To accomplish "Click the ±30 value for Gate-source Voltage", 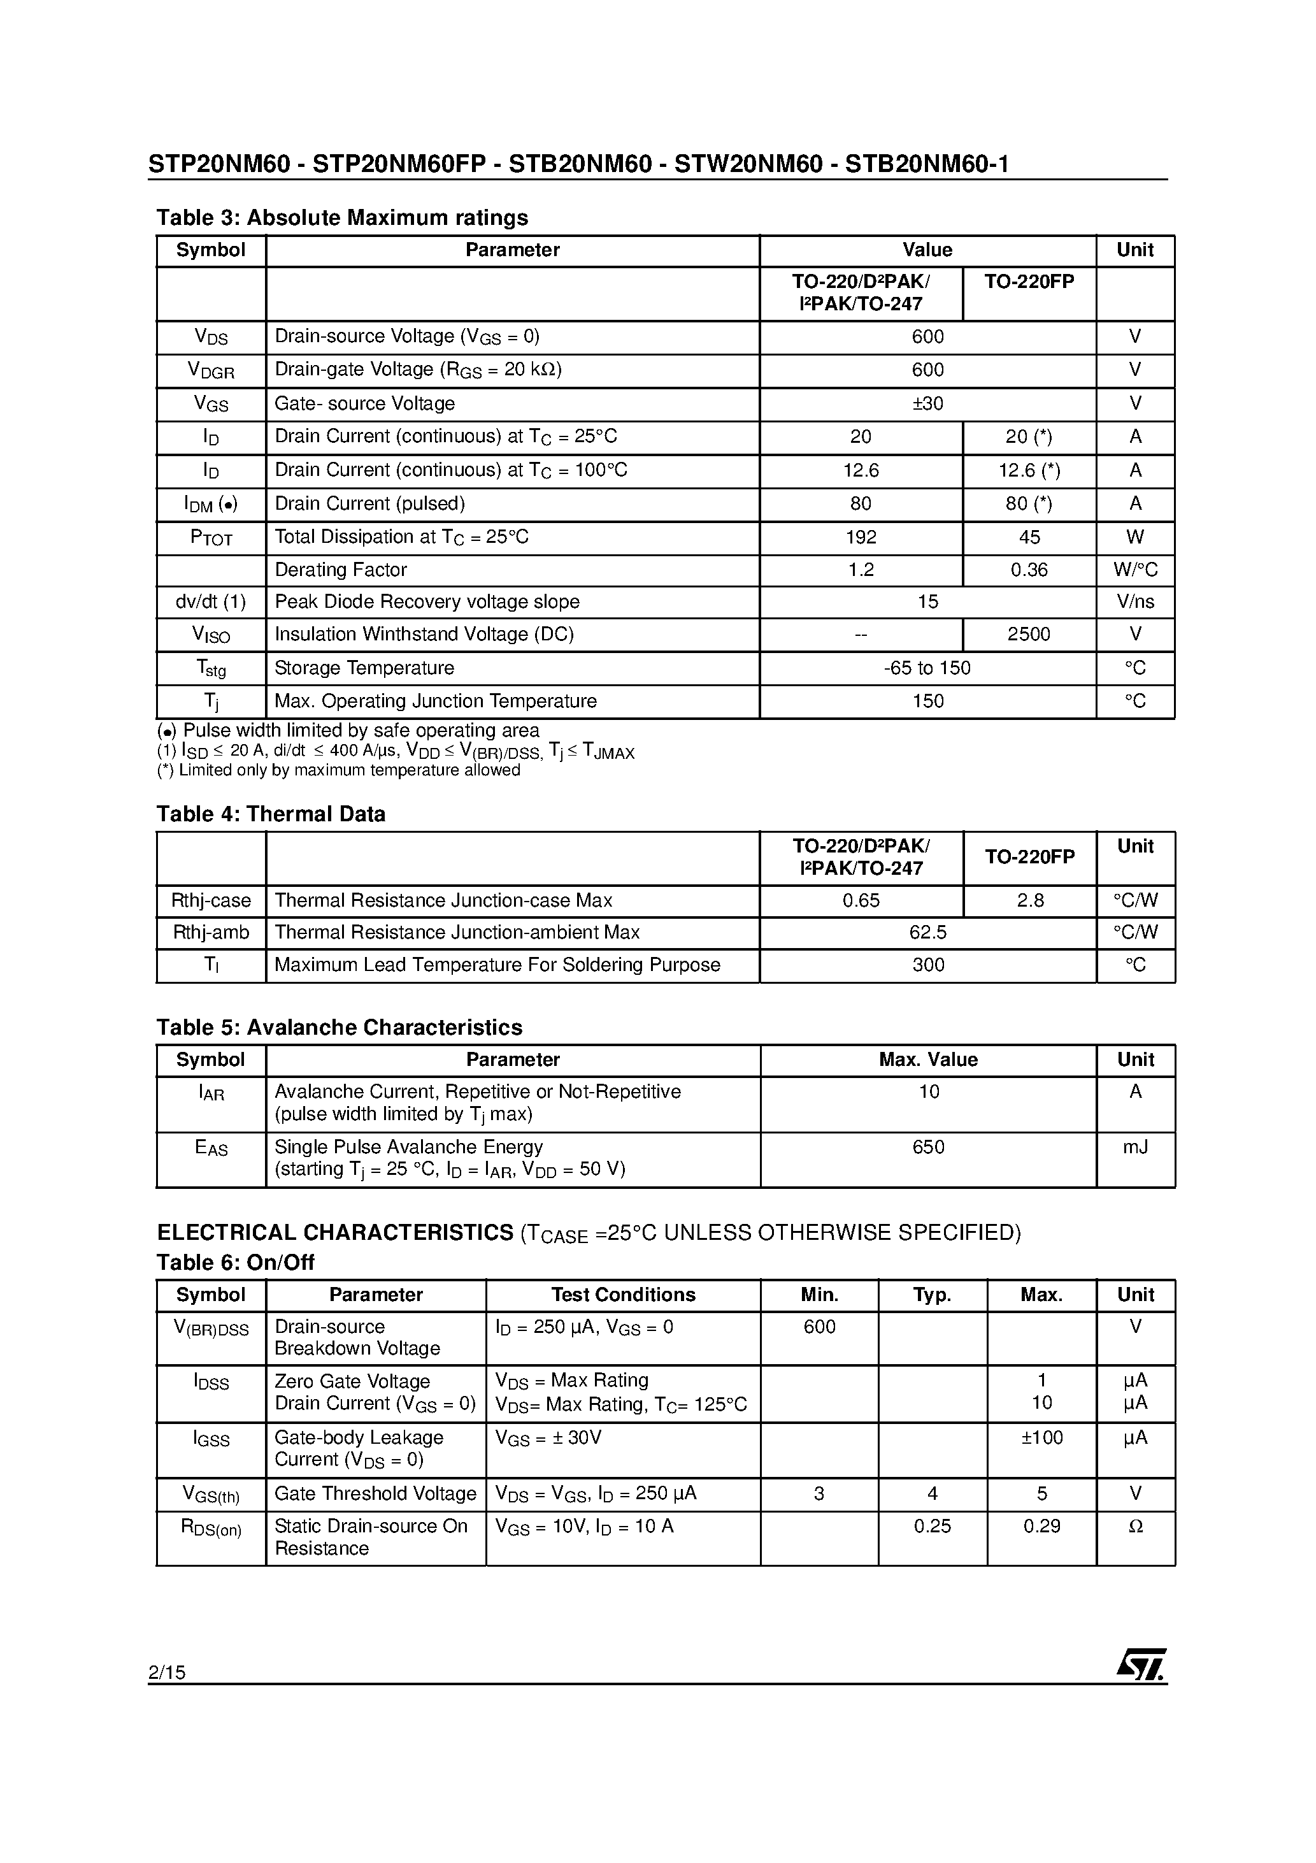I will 927,403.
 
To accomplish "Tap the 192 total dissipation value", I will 861,537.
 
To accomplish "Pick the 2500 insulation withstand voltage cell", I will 1029,634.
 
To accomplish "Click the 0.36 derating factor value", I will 1029,570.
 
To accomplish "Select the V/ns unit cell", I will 1135,602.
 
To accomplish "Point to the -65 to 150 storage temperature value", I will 927,668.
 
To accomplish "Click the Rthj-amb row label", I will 211,932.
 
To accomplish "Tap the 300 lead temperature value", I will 928,965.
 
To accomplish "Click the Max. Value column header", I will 928,1060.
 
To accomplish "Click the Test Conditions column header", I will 623,1294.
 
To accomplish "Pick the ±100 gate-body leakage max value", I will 1041,1437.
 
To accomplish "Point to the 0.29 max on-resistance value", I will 1041,1526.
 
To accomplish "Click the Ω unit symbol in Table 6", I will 1135,1526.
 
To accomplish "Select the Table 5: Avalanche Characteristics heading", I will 339,1027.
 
